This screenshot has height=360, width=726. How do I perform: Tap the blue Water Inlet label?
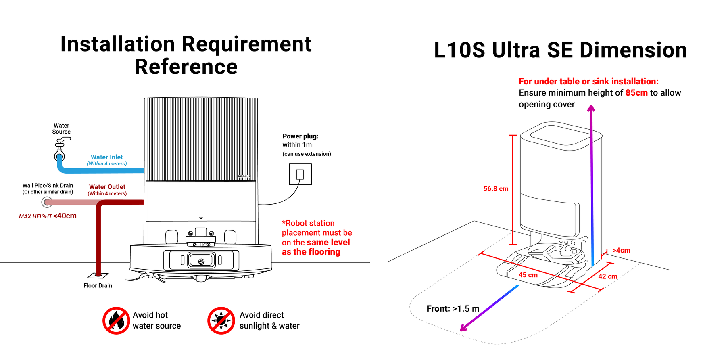107,157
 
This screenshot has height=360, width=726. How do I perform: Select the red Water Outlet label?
107,187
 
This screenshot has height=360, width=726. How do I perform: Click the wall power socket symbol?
300,174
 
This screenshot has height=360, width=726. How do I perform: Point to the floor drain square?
98,276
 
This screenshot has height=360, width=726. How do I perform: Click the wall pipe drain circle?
47,202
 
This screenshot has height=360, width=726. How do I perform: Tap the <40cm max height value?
65,216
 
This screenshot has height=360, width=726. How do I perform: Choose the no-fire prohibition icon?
116,320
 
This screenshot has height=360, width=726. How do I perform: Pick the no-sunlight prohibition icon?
221,320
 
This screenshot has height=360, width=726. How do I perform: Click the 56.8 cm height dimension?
496,189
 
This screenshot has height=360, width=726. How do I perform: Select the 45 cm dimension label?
528,275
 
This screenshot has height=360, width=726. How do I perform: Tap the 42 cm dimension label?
607,276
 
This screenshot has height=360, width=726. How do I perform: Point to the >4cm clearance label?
621,251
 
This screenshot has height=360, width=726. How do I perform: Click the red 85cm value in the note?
636,93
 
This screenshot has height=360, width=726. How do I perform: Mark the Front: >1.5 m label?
453,309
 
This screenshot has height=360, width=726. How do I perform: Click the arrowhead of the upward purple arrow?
591,108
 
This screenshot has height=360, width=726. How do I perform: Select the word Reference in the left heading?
186,67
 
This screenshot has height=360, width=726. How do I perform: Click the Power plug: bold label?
300,136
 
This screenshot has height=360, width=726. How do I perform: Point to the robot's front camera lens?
201,262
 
